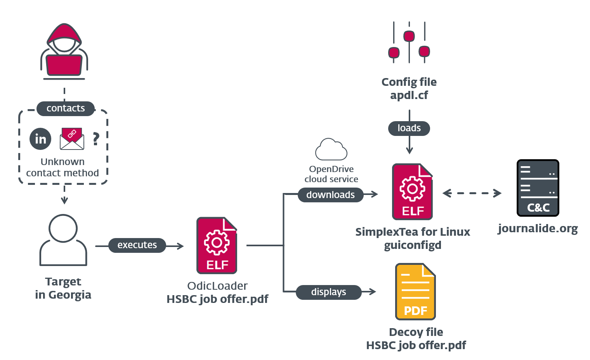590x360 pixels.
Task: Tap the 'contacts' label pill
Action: pos(66,108)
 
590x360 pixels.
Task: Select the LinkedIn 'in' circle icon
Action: pos(40,139)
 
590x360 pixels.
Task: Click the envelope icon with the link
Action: pos(72,139)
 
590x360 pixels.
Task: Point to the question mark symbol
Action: pos(96,139)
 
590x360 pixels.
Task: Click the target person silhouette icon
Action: pos(63,240)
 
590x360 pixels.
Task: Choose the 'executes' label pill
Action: pos(137,245)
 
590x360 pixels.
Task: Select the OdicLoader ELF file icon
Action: pos(217,245)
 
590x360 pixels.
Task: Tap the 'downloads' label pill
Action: pos(330,195)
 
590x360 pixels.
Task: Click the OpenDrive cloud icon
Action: pos(331,150)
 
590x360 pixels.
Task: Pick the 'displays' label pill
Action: pos(328,292)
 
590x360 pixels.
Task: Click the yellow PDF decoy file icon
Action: pos(415,292)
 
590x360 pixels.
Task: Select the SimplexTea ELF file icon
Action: pos(412,192)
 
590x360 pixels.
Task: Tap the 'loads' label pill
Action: pos(409,128)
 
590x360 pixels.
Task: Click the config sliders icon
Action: pos(409,43)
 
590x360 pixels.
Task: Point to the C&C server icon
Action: pos(538,188)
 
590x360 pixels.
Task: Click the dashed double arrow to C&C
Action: pos(472,193)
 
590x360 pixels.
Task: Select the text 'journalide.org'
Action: pos(538,228)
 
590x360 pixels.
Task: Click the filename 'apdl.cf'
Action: pos(409,95)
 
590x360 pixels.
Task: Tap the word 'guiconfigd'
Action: pos(413,245)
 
